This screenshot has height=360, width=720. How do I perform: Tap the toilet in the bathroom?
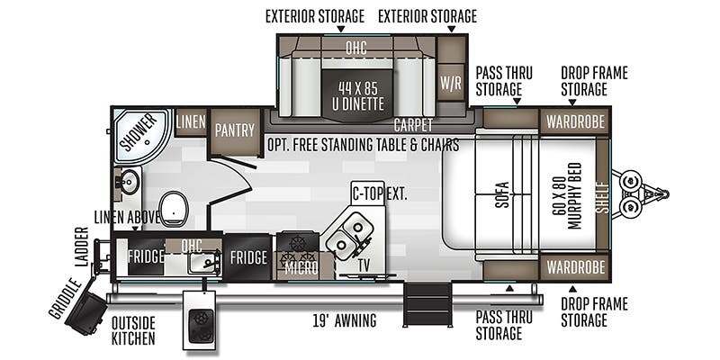pos(174,209)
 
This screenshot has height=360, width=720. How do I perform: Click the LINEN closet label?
pos(191,121)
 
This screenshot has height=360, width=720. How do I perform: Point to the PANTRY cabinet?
pos(235,130)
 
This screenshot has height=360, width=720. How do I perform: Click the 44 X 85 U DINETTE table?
pos(358,95)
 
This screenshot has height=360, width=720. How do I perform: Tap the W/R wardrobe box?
pos(451,83)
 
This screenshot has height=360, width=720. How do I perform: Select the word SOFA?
pos(503,194)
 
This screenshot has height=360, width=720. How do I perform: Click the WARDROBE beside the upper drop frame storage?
pos(575,121)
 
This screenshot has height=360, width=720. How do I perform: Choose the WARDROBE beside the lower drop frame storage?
pos(575,266)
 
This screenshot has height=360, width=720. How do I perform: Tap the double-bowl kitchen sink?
pos(349,235)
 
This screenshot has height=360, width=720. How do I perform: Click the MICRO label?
pos(301,268)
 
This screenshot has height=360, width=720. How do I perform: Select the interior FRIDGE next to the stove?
pos(248,257)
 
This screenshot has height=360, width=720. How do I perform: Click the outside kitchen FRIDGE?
pos(146,256)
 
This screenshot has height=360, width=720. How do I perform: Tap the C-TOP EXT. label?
pos(379,193)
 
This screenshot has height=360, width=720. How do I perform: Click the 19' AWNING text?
pos(345,320)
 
